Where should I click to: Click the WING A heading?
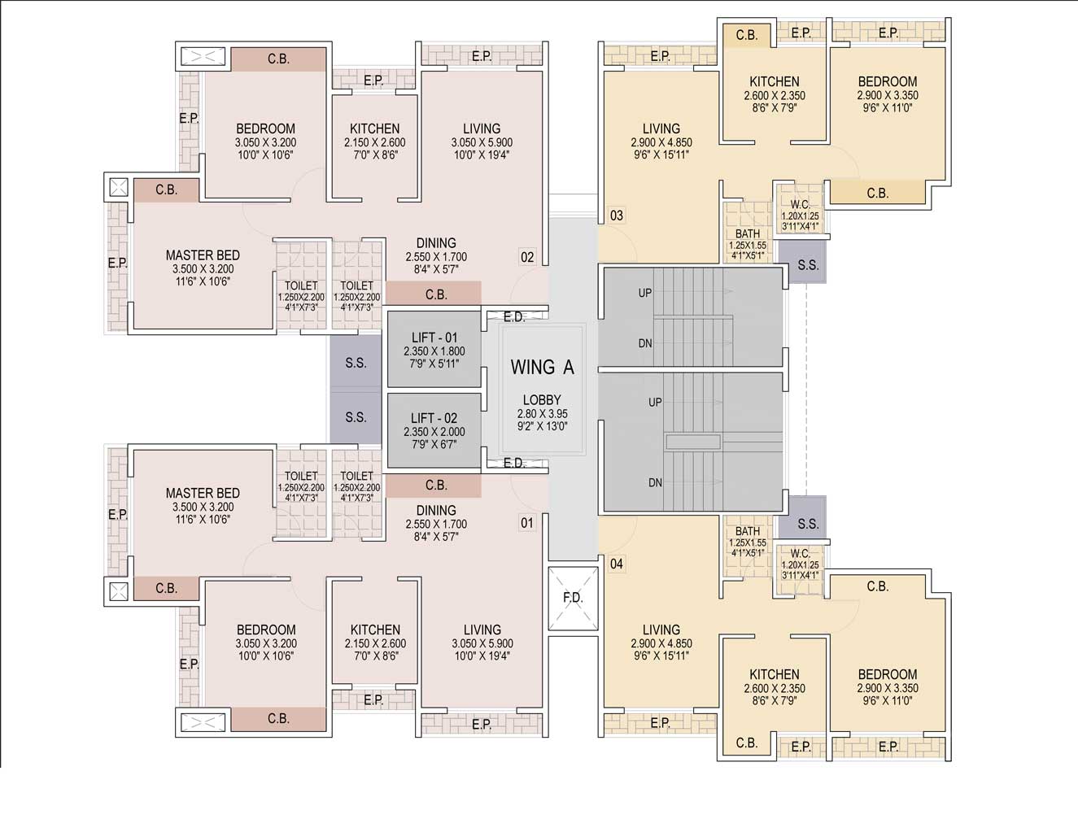[x=542, y=368]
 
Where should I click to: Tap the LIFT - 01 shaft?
[x=434, y=350]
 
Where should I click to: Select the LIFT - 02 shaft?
[x=434, y=430]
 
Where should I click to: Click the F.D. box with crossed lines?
[x=573, y=599]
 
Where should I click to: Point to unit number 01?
[x=527, y=523]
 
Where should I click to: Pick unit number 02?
[x=527, y=257]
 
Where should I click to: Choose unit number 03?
[x=616, y=216]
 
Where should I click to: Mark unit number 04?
[x=616, y=564]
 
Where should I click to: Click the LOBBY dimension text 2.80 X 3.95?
[x=542, y=413]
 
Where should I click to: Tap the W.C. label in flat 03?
[x=801, y=204]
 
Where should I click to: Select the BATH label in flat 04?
[x=748, y=531]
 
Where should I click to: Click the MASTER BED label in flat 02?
[x=203, y=255]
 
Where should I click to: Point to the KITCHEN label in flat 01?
[x=375, y=629]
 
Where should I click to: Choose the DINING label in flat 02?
[x=436, y=243]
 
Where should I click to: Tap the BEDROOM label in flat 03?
[x=888, y=81]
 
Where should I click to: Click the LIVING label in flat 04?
[x=661, y=629]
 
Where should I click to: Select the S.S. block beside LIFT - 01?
[x=356, y=363]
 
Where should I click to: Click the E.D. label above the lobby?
[x=514, y=317]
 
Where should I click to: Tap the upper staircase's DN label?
[x=645, y=343]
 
